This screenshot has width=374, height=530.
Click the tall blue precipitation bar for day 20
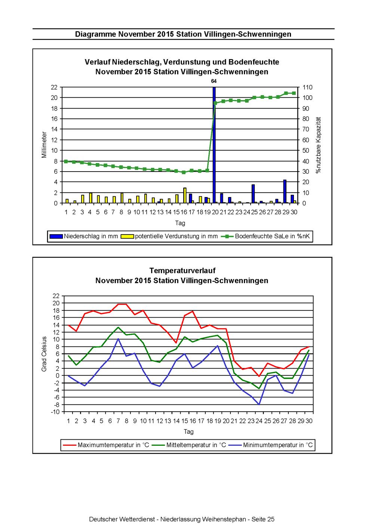[214, 145]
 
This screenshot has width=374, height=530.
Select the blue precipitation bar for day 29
[285, 191]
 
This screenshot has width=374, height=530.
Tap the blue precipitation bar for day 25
[253, 194]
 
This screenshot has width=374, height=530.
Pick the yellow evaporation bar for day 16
[185, 196]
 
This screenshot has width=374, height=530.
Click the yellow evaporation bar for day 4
[91, 198]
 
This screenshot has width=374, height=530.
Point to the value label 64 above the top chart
[214, 81]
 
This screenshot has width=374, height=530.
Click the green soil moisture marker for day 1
[66, 161]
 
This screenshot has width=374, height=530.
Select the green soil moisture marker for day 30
[294, 93]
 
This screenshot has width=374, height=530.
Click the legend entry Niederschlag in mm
[84, 236]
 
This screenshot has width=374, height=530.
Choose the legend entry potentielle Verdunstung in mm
[169, 236]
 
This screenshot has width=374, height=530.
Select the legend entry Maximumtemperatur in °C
[106, 445]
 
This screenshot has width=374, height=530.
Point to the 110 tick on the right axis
[307, 87]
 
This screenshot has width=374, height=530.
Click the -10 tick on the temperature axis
[55, 412]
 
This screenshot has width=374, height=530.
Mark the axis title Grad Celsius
[44, 354]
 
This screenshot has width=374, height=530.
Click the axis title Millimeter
[44, 145]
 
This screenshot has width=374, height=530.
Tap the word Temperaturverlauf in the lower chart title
[183, 270]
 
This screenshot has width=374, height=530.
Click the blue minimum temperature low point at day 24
[259, 405]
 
